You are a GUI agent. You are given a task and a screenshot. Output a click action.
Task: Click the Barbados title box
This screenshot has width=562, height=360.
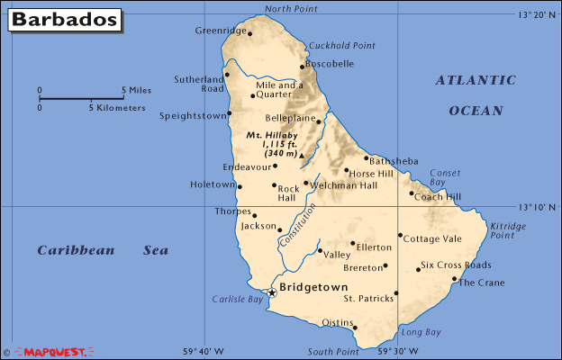64,18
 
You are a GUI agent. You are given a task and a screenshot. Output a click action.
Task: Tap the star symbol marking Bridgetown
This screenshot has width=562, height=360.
273,292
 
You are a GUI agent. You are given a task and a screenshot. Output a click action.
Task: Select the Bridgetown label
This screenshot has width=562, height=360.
314,287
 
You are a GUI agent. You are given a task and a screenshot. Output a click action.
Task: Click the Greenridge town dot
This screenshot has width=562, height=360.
249,35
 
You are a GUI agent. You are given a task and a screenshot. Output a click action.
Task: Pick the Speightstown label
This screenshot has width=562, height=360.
192,115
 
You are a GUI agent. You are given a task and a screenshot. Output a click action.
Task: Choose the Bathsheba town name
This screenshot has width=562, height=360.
394,161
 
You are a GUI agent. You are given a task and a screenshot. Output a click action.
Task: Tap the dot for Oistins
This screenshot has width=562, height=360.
355,328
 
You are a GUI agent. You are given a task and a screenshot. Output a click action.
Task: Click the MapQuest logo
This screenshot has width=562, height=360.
54,352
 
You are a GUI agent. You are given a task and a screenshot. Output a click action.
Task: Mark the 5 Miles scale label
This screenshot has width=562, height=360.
136,90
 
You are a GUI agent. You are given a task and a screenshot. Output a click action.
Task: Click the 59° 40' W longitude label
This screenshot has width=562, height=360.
204,351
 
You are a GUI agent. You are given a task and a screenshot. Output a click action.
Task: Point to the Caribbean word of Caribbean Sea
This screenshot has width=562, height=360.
77,250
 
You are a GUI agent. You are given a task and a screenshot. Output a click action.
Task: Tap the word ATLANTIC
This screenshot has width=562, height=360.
476,80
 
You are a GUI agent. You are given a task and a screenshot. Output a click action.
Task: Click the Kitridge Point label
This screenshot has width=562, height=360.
508,230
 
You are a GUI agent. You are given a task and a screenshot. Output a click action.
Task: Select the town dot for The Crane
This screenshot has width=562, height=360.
454,279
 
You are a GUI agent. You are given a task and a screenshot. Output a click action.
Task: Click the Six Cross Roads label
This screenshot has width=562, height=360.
456,265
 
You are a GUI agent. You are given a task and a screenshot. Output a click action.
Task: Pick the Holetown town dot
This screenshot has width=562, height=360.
240,186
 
